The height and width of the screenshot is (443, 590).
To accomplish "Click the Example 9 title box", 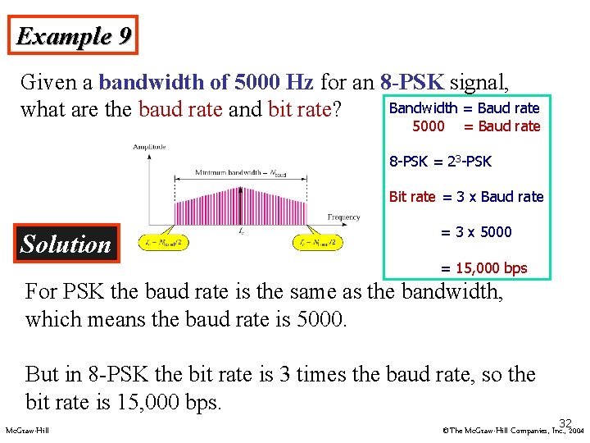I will (x=74, y=37).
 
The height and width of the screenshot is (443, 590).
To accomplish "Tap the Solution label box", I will (x=66, y=244).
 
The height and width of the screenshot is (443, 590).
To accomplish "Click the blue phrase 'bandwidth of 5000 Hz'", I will (x=206, y=82).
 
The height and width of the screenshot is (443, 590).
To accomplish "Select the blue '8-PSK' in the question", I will (x=412, y=82).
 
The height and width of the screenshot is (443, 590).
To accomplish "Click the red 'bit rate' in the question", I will (x=298, y=109).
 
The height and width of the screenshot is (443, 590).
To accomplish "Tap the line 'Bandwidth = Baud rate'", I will (x=464, y=108).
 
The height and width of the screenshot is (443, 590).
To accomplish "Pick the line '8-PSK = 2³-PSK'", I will (x=440, y=162).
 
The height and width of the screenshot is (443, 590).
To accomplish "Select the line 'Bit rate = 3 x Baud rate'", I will (x=465, y=197).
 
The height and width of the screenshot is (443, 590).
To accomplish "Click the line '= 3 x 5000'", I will (x=476, y=232).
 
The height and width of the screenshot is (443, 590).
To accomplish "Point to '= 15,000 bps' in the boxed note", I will (x=483, y=268).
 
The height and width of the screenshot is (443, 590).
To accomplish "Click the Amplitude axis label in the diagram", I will (x=150, y=147).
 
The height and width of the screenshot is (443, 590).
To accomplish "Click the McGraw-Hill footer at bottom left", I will (x=27, y=430).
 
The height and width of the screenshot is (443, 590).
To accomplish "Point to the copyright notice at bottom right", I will (x=511, y=430).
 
